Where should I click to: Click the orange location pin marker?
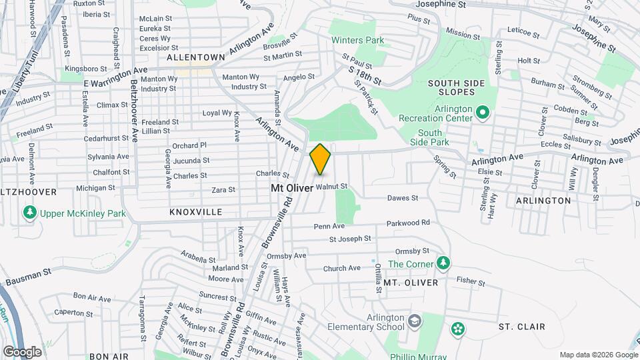pyautogui.click(x=320, y=159)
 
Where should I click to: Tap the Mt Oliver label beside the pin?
pyautogui.click(x=291, y=189)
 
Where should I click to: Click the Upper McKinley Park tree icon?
pyautogui.click(x=29, y=213)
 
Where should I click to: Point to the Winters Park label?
pyautogui.click(x=358, y=40)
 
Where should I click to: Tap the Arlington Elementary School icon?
pyautogui.click(x=415, y=321)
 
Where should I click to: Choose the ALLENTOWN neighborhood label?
pyautogui.click(x=196, y=57)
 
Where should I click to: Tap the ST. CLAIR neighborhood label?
pyautogui.click(x=522, y=327)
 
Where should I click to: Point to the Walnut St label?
pyautogui.click(x=332, y=187)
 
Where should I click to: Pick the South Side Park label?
pyautogui.click(x=433, y=137)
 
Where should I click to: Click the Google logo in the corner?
pyautogui.click(x=22, y=351)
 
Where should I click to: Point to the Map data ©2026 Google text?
pyautogui.click(x=597, y=355)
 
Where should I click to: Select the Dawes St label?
pyautogui.click(x=403, y=198)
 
